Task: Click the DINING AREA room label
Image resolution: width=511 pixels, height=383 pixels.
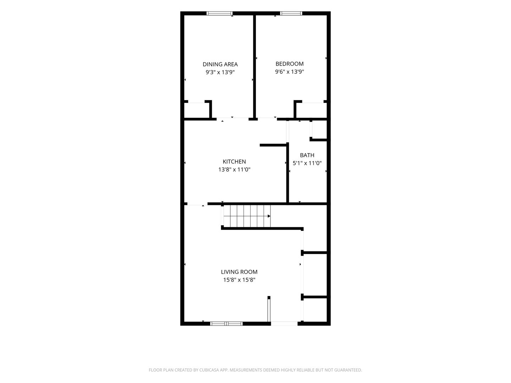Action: coord(220,64)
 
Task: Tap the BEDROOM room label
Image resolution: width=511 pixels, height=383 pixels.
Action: coord(289,64)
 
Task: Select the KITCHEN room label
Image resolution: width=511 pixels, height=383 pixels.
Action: coord(234,161)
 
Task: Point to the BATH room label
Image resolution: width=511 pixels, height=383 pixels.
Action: coord(307,155)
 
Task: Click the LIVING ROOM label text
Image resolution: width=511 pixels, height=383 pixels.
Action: coord(239,272)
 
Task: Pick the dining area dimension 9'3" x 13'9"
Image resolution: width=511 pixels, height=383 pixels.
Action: coord(220,72)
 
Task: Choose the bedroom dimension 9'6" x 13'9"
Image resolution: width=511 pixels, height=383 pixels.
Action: coord(289,72)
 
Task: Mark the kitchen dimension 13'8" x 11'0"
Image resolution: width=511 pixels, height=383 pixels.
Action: coord(234,169)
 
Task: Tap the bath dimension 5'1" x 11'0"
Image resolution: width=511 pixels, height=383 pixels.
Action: coord(307,163)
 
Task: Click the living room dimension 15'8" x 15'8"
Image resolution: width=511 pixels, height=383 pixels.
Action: coord(239,279)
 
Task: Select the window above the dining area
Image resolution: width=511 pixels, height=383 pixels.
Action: coord(219,13)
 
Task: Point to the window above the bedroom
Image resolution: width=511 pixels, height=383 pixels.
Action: coord(291,13)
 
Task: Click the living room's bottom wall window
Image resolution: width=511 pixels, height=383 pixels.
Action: coord(226,323)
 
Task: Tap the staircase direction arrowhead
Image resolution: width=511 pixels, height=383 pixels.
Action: coord(269,216)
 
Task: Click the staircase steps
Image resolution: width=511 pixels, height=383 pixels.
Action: coord(247,216)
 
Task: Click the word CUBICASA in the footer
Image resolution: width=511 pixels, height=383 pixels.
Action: coord(209,370)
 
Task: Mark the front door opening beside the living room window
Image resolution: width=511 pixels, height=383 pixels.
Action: coord(284,323)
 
